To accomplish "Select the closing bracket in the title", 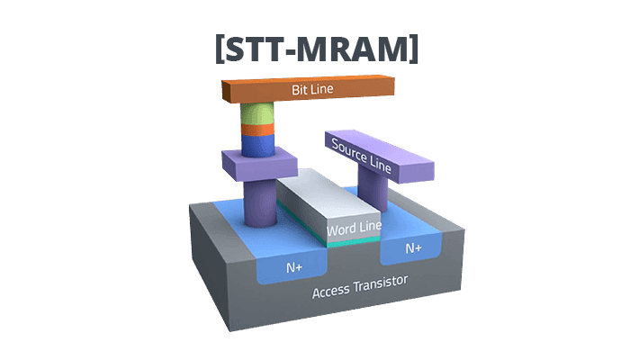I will point(413,48).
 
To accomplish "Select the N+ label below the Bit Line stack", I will point(294,267).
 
